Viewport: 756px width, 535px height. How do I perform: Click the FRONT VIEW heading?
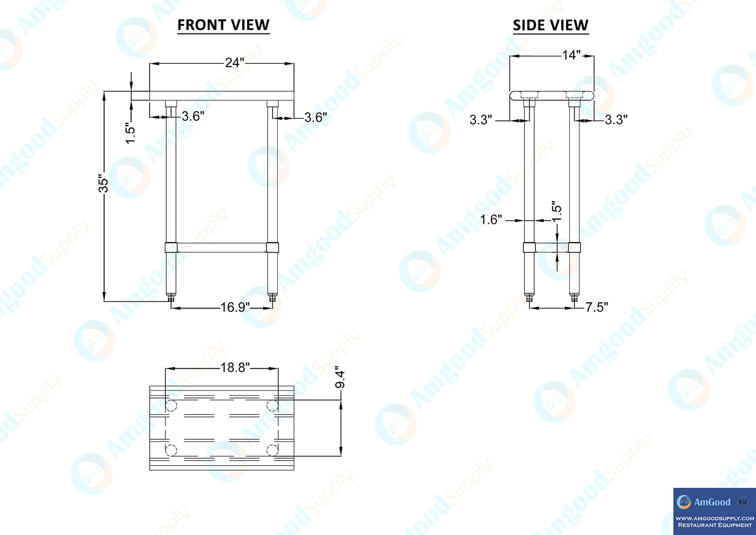[x=223, y=25]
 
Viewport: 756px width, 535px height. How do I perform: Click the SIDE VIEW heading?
[x=550, y=25]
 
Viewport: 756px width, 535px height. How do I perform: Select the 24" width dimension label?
[x=234, y=62]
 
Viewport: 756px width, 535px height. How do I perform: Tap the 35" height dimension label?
[x=103, y=184]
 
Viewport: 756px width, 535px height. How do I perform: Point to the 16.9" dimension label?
[x=235, y=308]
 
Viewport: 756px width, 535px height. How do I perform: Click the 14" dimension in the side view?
[x=571, y=55]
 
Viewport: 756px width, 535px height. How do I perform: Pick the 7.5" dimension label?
[x=597, y=308]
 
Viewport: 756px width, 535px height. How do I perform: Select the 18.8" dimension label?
[x=235, y=367]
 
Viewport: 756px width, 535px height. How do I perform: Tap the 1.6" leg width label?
[x=491, y=220]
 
